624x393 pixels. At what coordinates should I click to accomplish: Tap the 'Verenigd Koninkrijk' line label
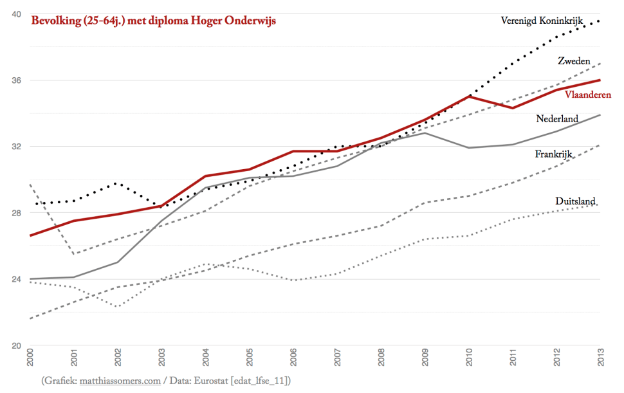click(x=542, y=21)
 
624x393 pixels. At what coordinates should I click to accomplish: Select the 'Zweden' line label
click(x=574, y=61)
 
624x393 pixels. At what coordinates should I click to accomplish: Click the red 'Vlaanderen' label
click(x=587, y=95)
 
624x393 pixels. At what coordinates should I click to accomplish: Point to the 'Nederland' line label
click(x=557, y=118)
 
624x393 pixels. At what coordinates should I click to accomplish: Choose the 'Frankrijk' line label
click(x=553, y=154)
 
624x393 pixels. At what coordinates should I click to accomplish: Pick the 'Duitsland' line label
click(x=575, y=201)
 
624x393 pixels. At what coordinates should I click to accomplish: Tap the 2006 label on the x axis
click(x=293, y=358)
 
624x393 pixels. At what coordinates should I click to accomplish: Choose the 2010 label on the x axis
click(x=469, y=358)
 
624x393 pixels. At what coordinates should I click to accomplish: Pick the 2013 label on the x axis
click(x=601, y=358)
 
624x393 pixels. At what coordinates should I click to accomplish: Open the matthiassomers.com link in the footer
click(x=120, y=381)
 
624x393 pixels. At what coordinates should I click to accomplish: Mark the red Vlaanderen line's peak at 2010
click(x=470, y=96)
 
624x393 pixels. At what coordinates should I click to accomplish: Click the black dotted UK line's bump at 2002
click(x=116, y=183)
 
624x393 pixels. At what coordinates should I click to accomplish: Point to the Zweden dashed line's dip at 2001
click(x=73, y=253)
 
